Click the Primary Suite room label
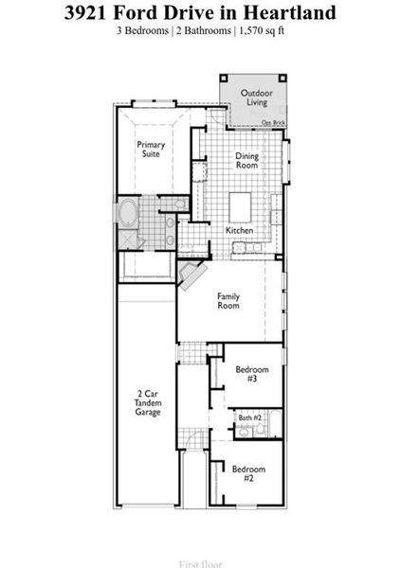pos(151,150)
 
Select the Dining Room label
pos(246,160)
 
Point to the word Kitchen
pos(239,231)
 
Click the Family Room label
pos(228,301)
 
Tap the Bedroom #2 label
pos(248,474)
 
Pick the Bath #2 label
pos(249,417)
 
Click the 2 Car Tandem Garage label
pos(147,402)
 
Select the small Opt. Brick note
pos(273,123)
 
